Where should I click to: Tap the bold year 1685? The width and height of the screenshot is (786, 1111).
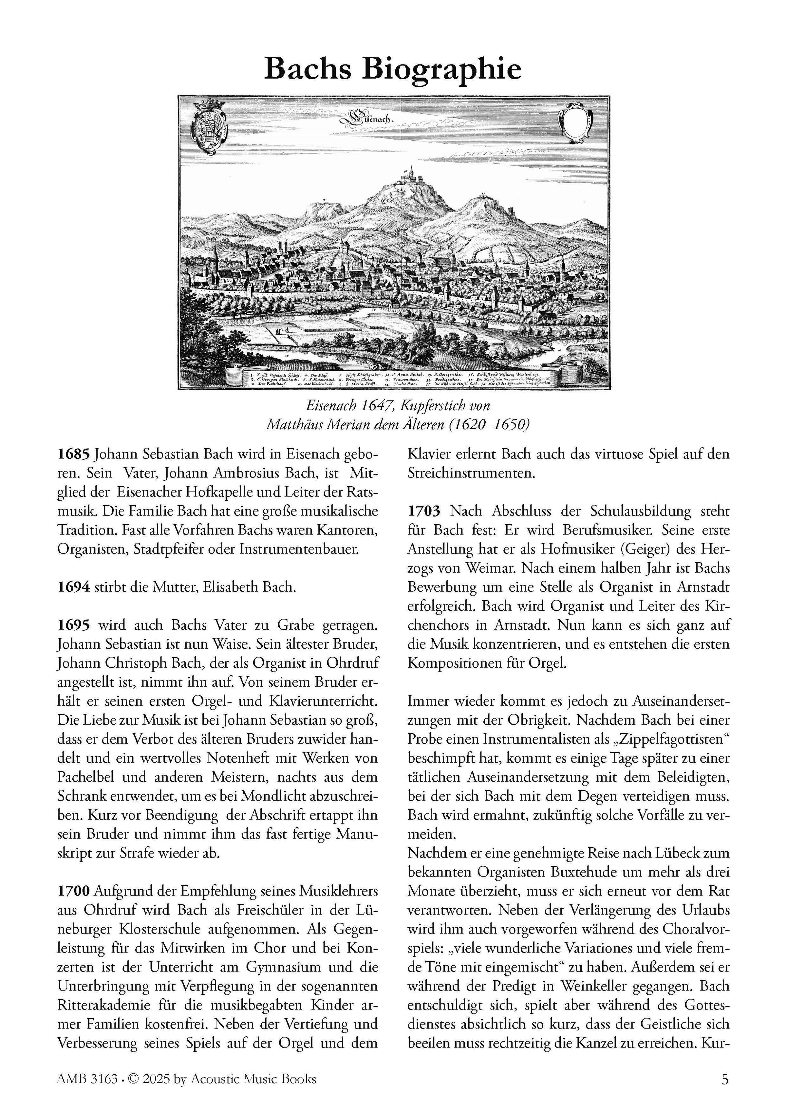click(74, 455)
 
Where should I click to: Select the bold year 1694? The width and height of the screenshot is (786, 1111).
click(74, 587)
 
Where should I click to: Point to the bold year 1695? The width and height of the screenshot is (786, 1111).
click(74, 625)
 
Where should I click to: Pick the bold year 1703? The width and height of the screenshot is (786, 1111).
click(424, 511)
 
